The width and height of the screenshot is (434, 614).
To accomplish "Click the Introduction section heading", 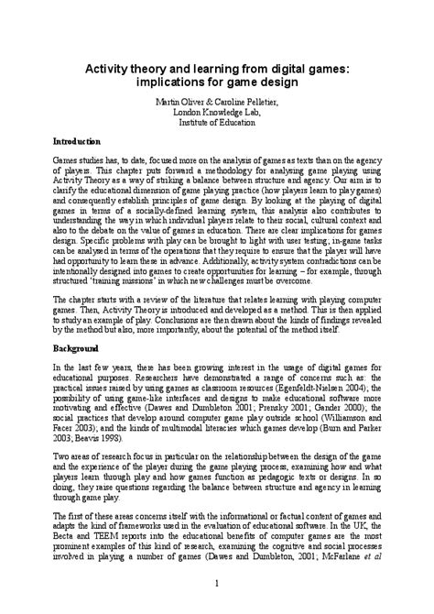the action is tap(74, 143).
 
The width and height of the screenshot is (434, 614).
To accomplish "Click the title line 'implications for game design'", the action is tap(217, 82).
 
